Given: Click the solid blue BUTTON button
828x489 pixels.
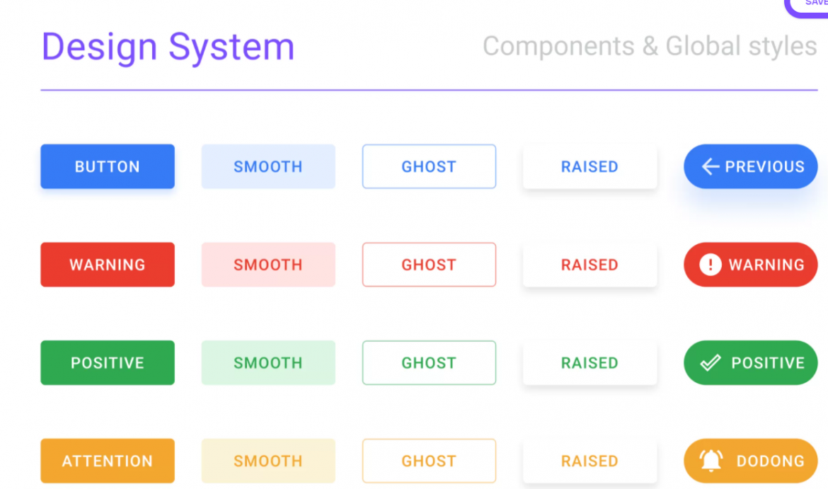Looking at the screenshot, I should pyautogui.click(x=108, y=166).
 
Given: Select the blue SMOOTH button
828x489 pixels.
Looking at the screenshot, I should pyautogui.click(x=268, y=166).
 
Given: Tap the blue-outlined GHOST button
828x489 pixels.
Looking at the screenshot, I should pyautogui.click(x=429, y=166).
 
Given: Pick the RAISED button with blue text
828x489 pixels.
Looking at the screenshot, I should pyautogui.click(x=590, y=166).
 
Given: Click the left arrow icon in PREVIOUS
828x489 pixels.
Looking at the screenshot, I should pyautogui.click(x=710, y=166).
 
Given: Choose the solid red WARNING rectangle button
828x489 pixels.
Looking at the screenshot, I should pyautogui.click(x=108, y=265).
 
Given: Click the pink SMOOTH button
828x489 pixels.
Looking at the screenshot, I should pyautogui.click(x=268, y=265).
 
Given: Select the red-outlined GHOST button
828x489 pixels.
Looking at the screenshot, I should pyautogui.click(x=429, y=265).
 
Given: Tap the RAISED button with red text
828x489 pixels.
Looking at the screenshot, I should pyautogui.click(x=590, y=265).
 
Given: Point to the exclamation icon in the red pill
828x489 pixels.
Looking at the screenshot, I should pyautogui.click(x=710, y=265).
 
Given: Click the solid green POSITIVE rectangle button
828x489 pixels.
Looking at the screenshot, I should pyautogui.click(x=108, y=363).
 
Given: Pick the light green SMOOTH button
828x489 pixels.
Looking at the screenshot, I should pyautogui.click(x=268, y=363).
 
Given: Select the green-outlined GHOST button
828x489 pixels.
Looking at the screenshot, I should pyautogui.click(x=429, y=363).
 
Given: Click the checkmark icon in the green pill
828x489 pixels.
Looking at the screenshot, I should pyautogui.click(x=710, y=363).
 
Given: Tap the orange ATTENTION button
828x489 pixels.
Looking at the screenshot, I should pyautogui.click(x=108, y=461).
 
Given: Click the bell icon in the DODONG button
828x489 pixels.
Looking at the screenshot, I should pyautogui.click(x=711, y=461).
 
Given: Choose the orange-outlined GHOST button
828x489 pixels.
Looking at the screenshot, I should pyautogui.click(x=429, y=461).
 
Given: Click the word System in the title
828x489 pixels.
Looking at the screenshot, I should pyautogui.click(x=231, y=47).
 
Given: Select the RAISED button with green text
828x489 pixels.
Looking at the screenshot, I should pyautogui.click(x=590, y=363).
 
